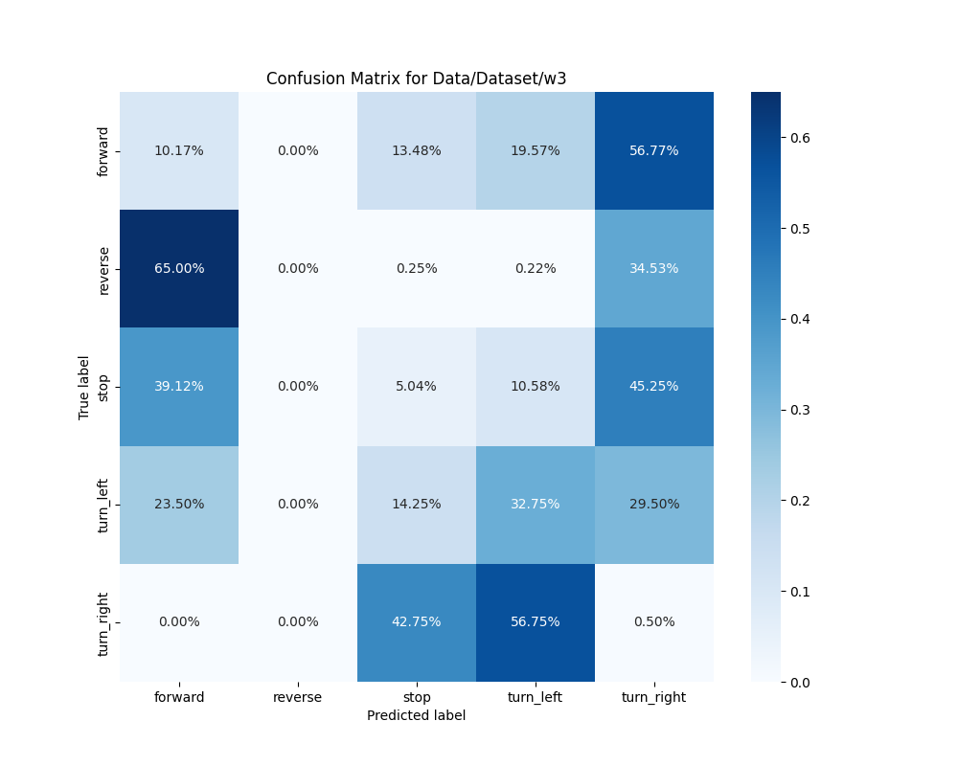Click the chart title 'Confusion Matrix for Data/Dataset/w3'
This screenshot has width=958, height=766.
click(x=416, y=79)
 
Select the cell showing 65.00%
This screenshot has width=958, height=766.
click(x=179, y=269)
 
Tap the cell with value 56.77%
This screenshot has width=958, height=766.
click(x=654, y=151)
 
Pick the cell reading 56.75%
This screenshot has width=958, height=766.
click(x=536, y=622)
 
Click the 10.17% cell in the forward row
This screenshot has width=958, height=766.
click(x=179, y=151)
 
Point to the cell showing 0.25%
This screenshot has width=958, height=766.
click(x=417, y=269)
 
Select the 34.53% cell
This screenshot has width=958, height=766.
click(x=654, y=269)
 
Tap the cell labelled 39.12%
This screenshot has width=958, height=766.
click(x=179, y=387)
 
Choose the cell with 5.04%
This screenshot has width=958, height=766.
click(x=417, y=387)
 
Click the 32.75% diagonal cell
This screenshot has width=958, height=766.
click(x=536, y=505)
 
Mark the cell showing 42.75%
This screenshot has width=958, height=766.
click(x=417, y=622)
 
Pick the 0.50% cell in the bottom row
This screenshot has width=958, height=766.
click(x=654, y=622)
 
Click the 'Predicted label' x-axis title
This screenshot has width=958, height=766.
click(x=416, y=716)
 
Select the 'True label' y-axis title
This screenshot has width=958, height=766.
click(x=84, y=387)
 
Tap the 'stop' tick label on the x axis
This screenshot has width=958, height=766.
click(x=417, y=698)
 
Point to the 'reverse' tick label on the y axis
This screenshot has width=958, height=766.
click(x=103, y=269)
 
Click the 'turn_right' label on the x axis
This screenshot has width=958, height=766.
click(x=654, y=698)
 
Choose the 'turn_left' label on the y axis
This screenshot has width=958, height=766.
click(x=103, y=505)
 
